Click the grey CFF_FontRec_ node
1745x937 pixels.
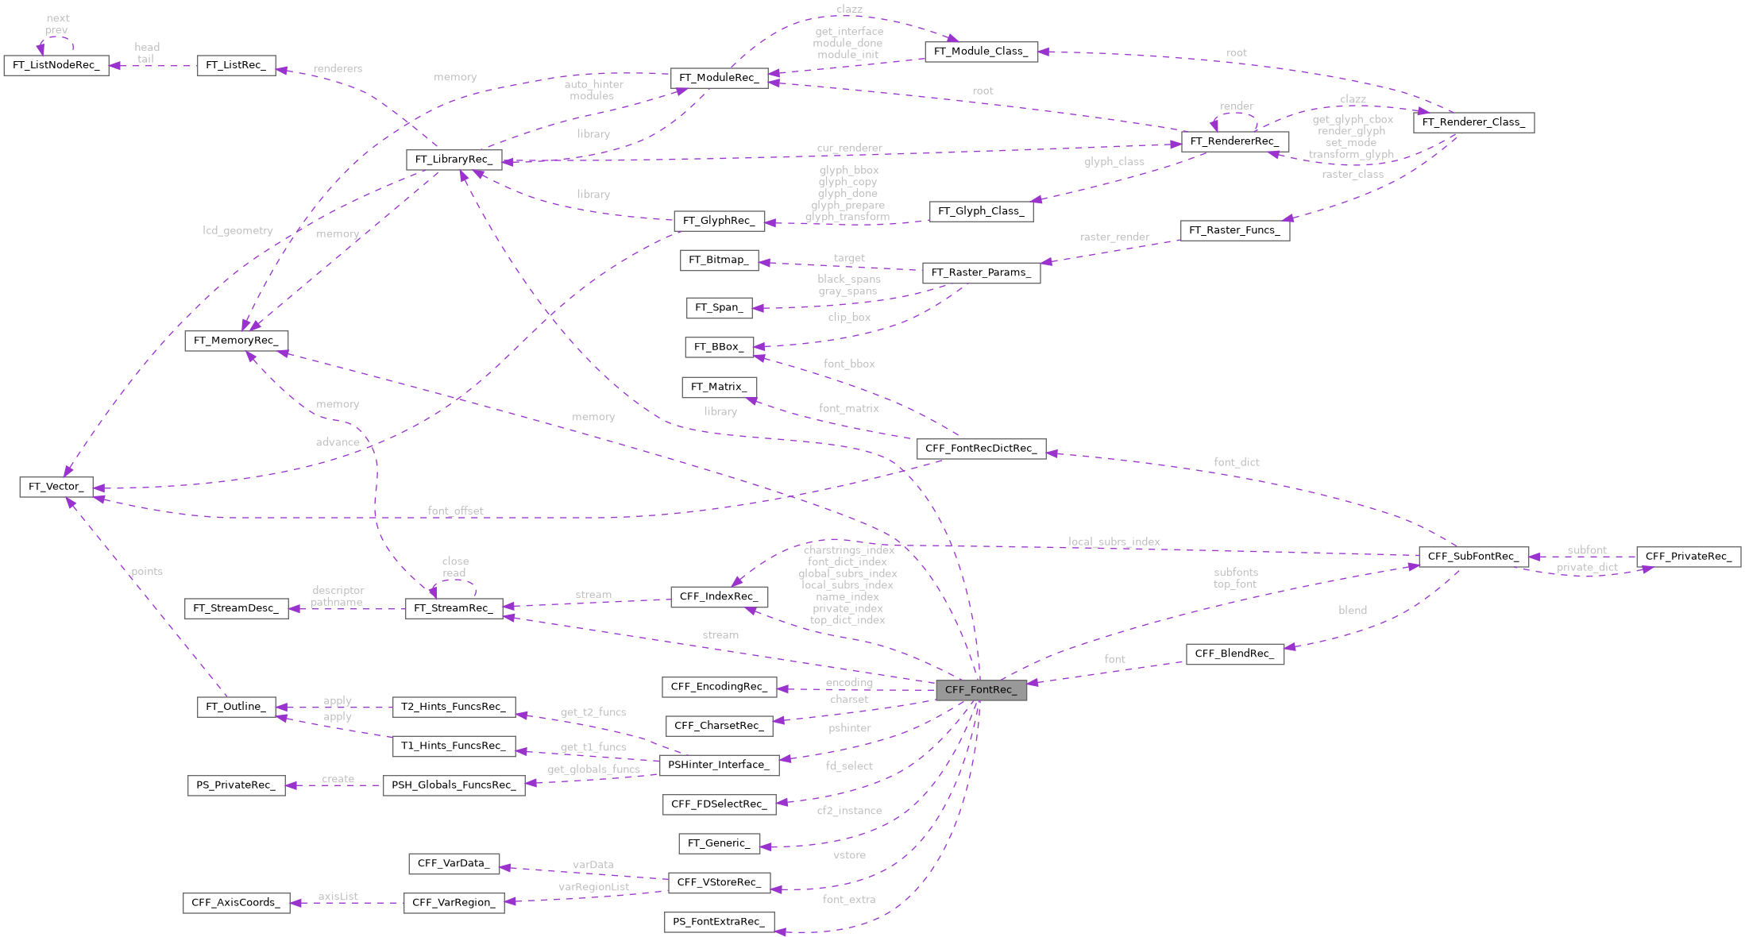click(x=981, y=690)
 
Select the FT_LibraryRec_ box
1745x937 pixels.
click(x=454, y=160)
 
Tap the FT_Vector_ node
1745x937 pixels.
click(x=56, y=487)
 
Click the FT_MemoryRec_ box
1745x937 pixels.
click(x=236, y=341)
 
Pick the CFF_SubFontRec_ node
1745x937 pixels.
click(x=1473, y=557)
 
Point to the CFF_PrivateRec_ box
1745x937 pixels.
click(x=1688, y=557)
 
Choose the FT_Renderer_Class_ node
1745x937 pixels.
click(x=1473, y=122)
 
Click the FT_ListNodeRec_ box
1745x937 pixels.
click(x=56, y=65)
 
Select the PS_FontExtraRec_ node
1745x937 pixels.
click(x=718, y=922)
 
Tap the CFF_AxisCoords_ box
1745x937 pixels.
click(x=236, y=903)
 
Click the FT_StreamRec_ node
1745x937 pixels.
click(x=454, y=608)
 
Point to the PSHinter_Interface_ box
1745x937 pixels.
click(x=718, y=765)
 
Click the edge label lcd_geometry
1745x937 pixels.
click(x=237, y=230)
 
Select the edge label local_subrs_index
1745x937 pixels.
click(x=1114, y=542)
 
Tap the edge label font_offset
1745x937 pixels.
click(x=455, y=511)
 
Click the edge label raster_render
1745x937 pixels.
click(x=1114, y=237)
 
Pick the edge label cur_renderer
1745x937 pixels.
click(x=849, y=148)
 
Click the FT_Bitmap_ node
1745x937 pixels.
click(x=718, y=260)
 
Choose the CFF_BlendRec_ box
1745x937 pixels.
click(x=1234, y=654)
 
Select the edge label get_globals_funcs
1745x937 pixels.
click(x=593, y=769)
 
